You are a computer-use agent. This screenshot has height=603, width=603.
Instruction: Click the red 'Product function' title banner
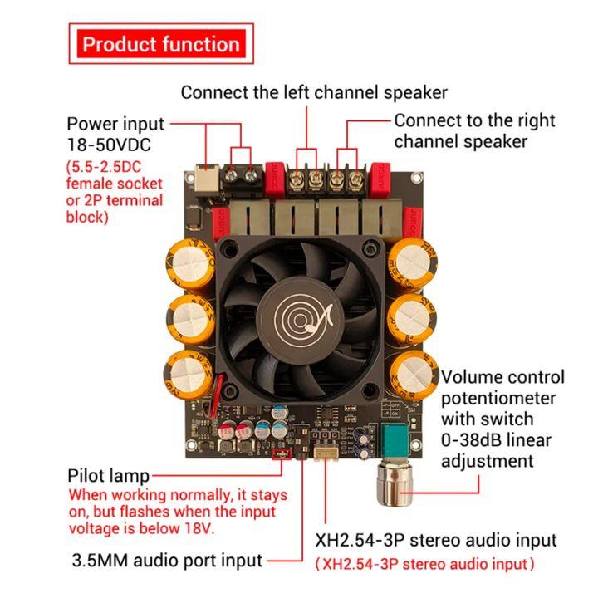161,44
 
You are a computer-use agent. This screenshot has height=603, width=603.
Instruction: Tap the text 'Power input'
115,123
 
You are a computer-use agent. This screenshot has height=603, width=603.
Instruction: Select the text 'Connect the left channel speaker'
314,91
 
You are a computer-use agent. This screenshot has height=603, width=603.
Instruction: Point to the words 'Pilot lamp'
108,476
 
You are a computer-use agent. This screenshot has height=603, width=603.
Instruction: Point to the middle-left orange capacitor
190,317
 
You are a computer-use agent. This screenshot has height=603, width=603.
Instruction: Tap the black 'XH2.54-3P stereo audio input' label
436,541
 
